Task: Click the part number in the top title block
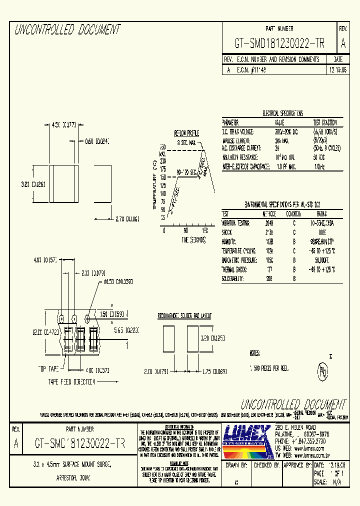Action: [x=279, y=43]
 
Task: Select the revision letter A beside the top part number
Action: [x=343, y=43]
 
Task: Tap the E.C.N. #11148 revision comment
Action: [x=251, y=70]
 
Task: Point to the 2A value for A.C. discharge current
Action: [x=277, y=148]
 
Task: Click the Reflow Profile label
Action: [x=186, y=133]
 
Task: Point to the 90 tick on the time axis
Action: [x=185, y=230]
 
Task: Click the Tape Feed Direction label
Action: [x=71, y=382]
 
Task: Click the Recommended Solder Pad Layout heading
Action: [x=184, y=316]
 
